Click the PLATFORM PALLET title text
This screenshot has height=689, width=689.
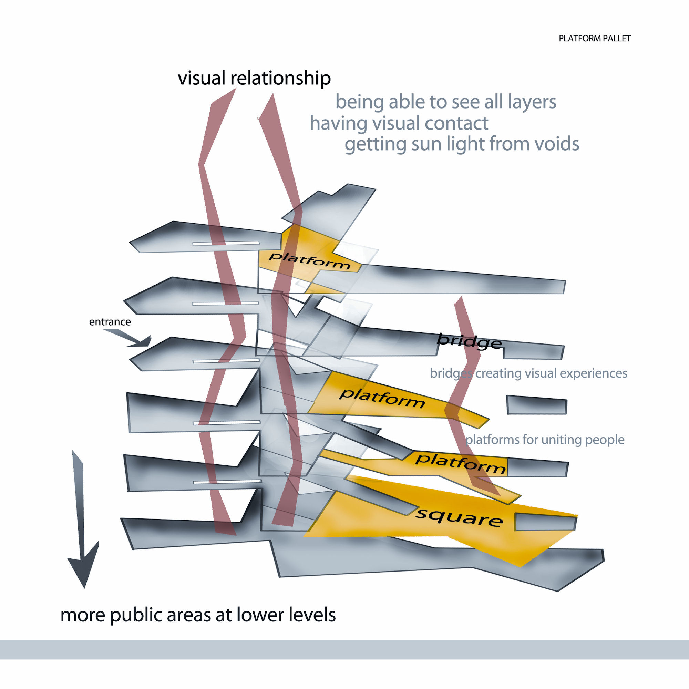pos(595,39)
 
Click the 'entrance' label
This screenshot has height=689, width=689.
pos(110,322)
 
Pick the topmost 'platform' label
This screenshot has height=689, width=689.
pos(309,261)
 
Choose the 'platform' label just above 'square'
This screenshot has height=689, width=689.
pos(460,464)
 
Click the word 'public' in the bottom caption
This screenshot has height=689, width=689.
pos(136,615)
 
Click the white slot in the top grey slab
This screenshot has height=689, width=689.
pos(226,244)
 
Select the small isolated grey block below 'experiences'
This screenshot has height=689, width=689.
pos(536,405)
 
